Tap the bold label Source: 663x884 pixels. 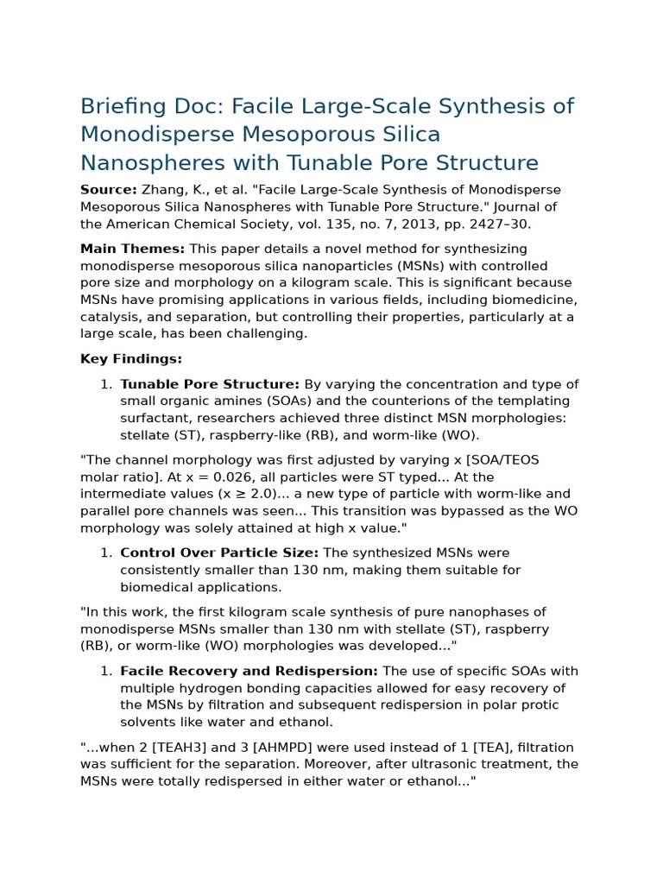108,189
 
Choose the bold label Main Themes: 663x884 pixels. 132,249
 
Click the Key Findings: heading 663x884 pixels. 131,358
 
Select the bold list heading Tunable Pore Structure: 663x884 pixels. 210,384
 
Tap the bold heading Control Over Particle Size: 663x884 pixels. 219,552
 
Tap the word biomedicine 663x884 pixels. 536,300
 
